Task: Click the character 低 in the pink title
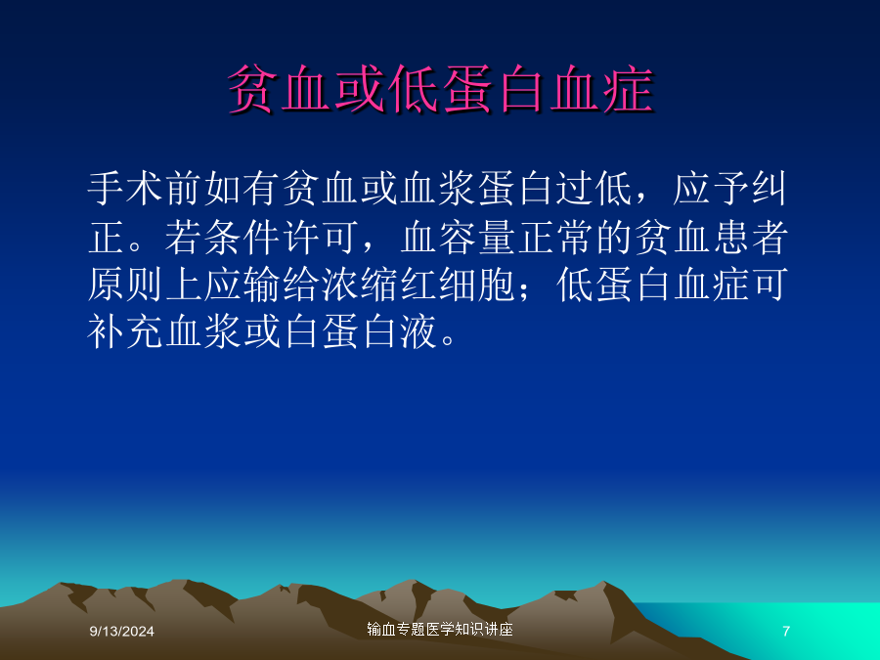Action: [415, 89]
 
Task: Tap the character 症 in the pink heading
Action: [629, 89]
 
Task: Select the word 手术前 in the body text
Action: [146, 188]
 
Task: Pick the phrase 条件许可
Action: [282, 237]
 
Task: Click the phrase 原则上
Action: [146, 286]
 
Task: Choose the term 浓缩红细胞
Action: [418, 286]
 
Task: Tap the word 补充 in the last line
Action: [126, 332]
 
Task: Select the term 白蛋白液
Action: [360, 332]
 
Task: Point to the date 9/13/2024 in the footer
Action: [122, 632]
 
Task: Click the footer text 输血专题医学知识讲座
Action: [440, 630]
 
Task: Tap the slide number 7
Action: [786, 632]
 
